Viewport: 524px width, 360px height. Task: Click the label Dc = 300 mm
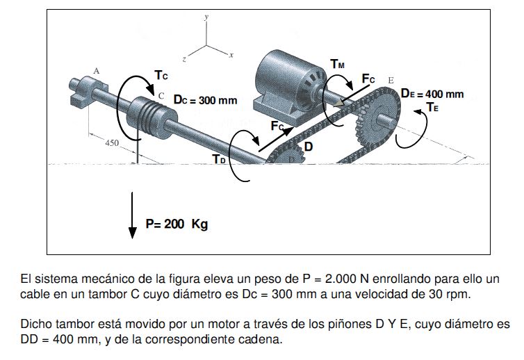pyautogui.click(x=205, y=100)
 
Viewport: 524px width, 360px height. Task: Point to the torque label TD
pyautogui.click(x=219, y=160)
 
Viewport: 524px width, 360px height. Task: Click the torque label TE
pyautogui.click(x=432, y=108)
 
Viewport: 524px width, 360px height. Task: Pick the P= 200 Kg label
pyautogui.click(x=177, y=224)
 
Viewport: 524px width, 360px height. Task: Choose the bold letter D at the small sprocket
pyautogui.click(x=308, y=147)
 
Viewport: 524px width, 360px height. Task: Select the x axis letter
pyautogui.click(x=231, y=54)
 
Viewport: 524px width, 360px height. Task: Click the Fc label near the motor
pyautogui.click(x=368, y=79)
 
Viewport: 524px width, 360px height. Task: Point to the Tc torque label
pyautogui.click(x=161, y=74)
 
